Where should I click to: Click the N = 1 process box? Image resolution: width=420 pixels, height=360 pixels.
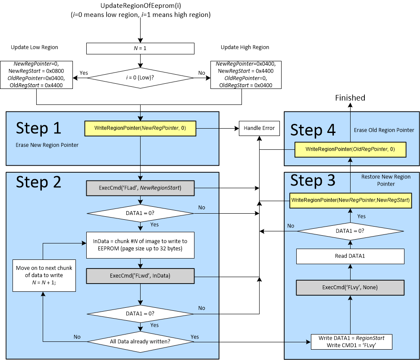click(140, 48)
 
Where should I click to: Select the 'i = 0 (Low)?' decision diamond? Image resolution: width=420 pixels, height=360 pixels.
click(140, 78)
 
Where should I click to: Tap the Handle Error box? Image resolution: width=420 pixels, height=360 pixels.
click(259, 128)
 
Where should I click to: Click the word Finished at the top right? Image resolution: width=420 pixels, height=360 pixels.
click(350, 98)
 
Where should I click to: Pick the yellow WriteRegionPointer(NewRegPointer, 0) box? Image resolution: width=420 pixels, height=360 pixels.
click(140, 128)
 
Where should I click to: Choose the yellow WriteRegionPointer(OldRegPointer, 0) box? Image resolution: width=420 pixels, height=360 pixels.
click(350, 149)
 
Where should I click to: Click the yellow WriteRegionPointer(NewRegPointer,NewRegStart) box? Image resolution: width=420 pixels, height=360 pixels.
click(350, 200)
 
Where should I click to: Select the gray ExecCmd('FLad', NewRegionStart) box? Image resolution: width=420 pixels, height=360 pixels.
click(140, 188)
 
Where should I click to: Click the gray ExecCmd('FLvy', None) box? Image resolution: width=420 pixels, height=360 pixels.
click(350, 287)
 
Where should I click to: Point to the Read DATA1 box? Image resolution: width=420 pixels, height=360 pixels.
click(350, 256)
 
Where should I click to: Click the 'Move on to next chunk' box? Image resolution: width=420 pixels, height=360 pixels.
click(44, 275)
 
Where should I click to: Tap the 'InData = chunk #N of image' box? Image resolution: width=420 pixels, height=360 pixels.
click(140, 245)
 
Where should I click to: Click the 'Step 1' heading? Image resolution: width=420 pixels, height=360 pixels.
click(38, 128)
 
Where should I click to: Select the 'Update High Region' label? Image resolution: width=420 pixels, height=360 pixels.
click(244, 47)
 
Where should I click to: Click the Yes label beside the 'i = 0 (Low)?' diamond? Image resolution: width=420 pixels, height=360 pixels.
click(84, 73)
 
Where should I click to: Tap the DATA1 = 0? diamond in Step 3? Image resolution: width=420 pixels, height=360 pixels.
click(350, 231)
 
